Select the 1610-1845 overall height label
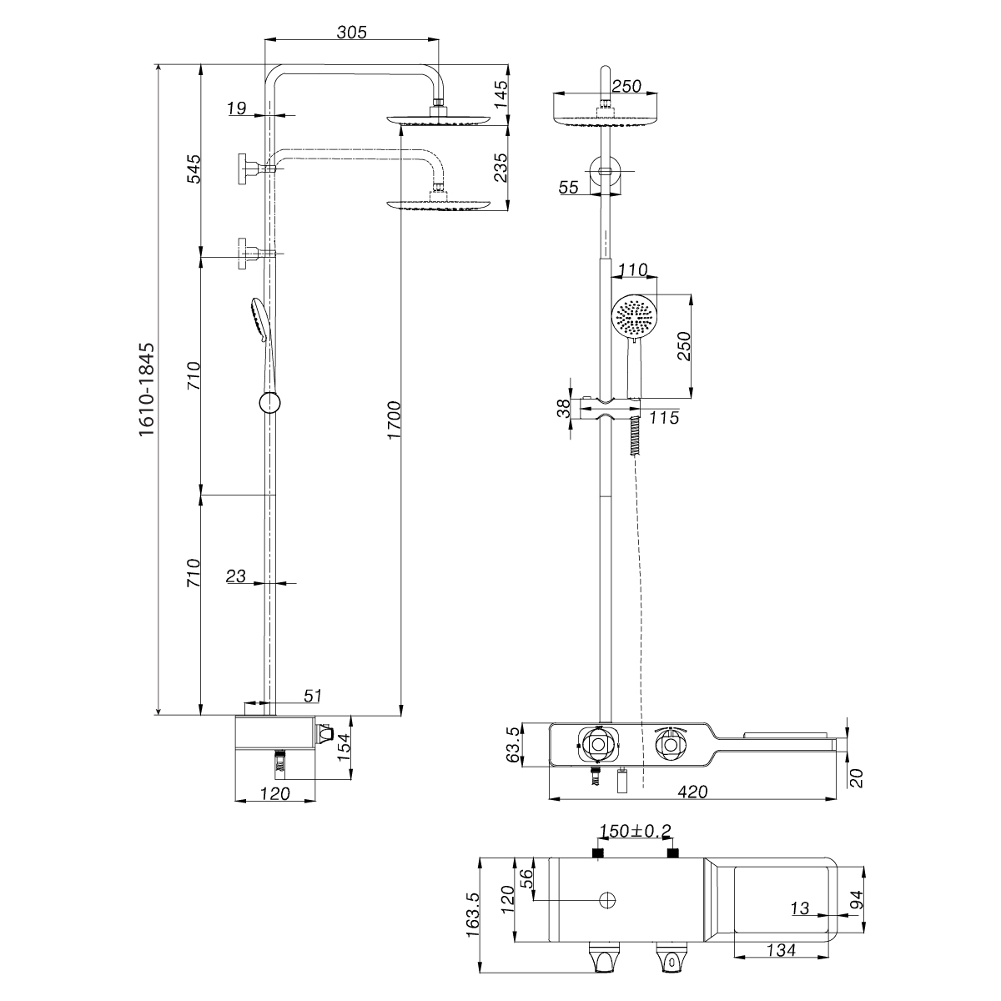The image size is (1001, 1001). [x=147, y=389]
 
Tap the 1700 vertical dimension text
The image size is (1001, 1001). [x=394, y=420]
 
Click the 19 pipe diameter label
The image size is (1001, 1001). [x=236, y=108]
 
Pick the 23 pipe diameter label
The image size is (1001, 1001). [x=236, y=575]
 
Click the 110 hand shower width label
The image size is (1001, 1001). [x=634, y=270]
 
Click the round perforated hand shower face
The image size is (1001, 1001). [x=636, y=316]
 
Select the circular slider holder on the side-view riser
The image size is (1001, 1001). [x=269, y=403]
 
